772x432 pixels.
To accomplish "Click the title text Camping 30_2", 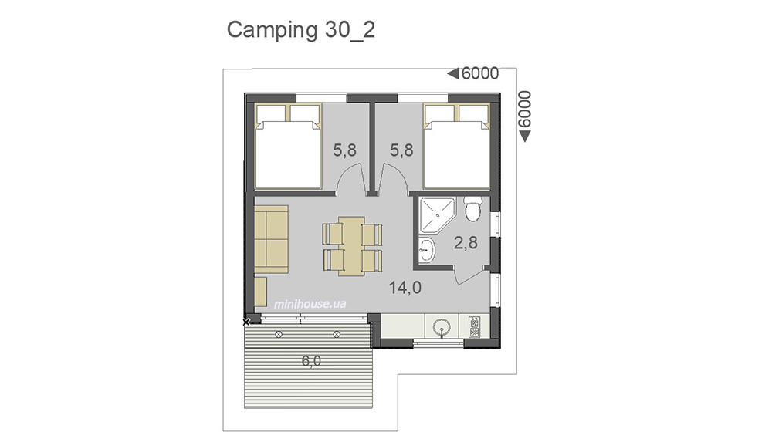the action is pyautogui.click(x=301, y=30).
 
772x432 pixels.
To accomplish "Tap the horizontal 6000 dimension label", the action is pyautogui.click(x=480, y=74).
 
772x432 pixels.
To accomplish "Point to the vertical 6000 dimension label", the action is pyautogui.click(x=525, y=110).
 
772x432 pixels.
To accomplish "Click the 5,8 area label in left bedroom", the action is pyautogui.click(x=344, y=150).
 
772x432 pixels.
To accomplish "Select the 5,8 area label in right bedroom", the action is pyautogui.click(x=401, y=150).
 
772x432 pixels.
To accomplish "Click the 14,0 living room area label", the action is pyautogui.click(x=405, y=287).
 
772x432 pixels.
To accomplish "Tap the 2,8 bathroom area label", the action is pyautogui.click(x=466, y=242).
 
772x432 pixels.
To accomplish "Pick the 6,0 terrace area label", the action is pyautogui.click(x=311, y=361).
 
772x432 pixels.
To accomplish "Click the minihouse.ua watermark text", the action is pyautogui.click(x=310, y=304).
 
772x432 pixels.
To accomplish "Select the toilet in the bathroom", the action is pyautogui.click(x=473, y=208).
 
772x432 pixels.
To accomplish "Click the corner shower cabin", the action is pyautogui.click(x=436, y=215).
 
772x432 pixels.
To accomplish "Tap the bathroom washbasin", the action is pyautogui.click(x=427, y=250).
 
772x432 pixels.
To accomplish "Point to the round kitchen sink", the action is pyautogui.click(x=442, y=326).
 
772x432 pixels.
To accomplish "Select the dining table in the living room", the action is pyautogui.click(x=351, y=246).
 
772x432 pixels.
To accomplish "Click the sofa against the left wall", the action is pyautogui.click(x=271, y=239).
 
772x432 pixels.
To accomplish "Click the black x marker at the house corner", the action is pyautogui.click(x=247, y=322).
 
